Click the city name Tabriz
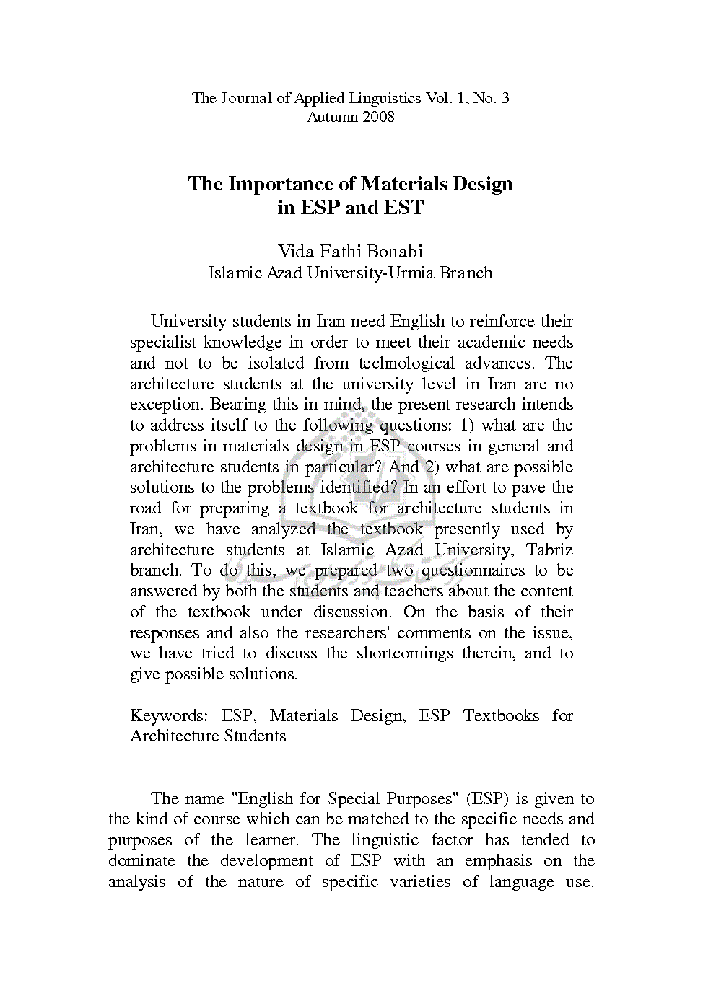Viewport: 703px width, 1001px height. [x=550, y=550]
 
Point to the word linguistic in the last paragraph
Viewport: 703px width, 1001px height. [x=385, y=841]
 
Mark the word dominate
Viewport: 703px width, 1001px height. [x=141, y=862]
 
